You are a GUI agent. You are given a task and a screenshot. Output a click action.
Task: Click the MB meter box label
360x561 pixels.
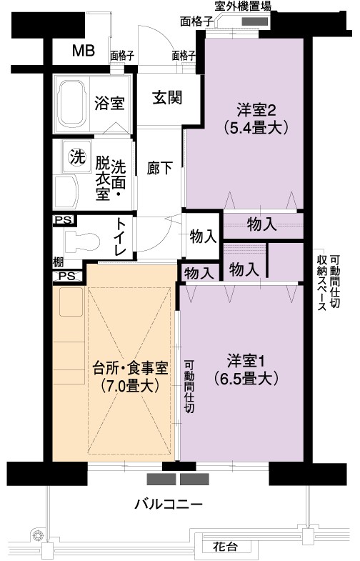[x=84, y=51]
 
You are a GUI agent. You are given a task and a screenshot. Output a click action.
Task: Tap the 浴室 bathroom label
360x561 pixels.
[x=109, y=104]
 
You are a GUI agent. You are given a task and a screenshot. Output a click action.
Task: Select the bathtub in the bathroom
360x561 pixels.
[x=73, y=104]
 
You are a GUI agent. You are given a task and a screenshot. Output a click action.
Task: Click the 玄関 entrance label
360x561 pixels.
[x=167, y=97]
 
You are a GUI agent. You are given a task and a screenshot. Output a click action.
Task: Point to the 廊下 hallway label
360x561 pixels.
[x=160, y=168]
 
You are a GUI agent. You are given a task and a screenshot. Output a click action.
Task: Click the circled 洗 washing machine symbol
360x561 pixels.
[x=77, y=157]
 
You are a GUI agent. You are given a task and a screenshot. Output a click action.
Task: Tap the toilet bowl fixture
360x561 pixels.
[x=82, y=241]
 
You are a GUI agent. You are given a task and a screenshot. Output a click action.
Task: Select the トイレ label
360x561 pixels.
[x=120, y=237]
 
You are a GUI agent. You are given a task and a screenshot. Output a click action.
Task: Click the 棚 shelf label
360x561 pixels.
[x=58, y=262]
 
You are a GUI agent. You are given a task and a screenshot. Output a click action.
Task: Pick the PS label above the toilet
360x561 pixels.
[x=64, y=220]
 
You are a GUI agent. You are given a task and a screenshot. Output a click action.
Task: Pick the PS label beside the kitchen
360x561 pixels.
[x=67, y=276]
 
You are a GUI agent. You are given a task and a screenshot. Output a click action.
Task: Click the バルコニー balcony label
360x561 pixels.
[x=169, y=505]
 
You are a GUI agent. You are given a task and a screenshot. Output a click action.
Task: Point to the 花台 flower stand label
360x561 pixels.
[x=225, y=547]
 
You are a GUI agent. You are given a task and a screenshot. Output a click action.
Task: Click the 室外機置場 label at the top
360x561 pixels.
[x=243, y=6]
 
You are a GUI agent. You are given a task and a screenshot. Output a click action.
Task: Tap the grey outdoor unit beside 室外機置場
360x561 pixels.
[x=254, y=21]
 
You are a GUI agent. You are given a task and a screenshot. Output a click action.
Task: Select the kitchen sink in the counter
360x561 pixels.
[x=71, y=302]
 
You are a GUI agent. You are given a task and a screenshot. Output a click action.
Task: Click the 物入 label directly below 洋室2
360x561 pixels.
[x=262, y=224]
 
